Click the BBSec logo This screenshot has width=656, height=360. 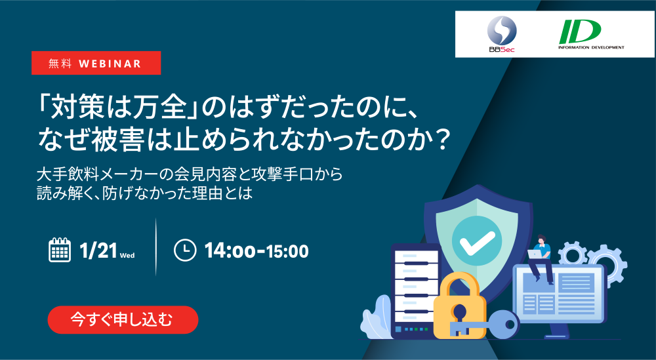coord(502,34)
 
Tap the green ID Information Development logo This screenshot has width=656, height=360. coord(591,35)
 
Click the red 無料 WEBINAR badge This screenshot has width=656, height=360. coord(96,63)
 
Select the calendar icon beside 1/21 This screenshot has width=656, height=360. coord(60,250)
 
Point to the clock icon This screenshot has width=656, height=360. coord(185,250)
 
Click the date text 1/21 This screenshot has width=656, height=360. coord(98,251)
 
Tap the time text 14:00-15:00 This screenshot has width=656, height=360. coord(256,251)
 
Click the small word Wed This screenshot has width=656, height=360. coord(127,256)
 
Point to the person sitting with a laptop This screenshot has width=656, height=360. coord(540,258)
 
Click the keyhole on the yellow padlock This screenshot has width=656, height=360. coord(459,313)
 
